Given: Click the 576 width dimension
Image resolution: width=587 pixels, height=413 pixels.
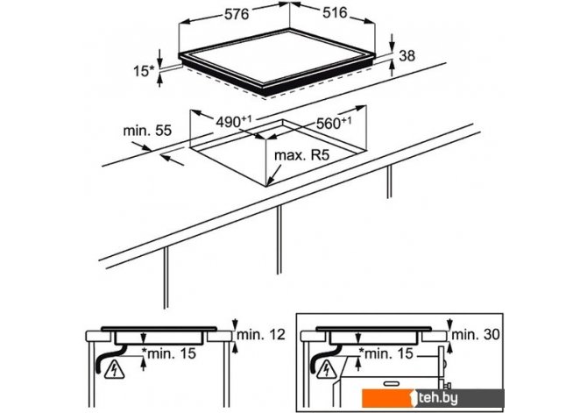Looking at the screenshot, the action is point(237,14).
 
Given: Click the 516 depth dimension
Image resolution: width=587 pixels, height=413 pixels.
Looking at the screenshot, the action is point(335,13).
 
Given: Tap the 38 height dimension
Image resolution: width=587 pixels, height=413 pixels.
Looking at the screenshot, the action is point(407,56).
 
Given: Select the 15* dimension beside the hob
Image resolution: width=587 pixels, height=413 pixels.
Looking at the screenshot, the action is point(144,71).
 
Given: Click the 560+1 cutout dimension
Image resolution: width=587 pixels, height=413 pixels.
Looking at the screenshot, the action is point(334,123).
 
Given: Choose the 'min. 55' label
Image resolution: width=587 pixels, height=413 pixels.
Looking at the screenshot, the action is point(147,131).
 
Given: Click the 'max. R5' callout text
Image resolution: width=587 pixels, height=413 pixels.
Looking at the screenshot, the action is point(301,155).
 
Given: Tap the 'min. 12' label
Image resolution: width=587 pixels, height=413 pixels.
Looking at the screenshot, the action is point(261,334).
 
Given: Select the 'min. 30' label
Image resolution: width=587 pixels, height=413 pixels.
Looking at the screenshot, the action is point(476,334).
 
